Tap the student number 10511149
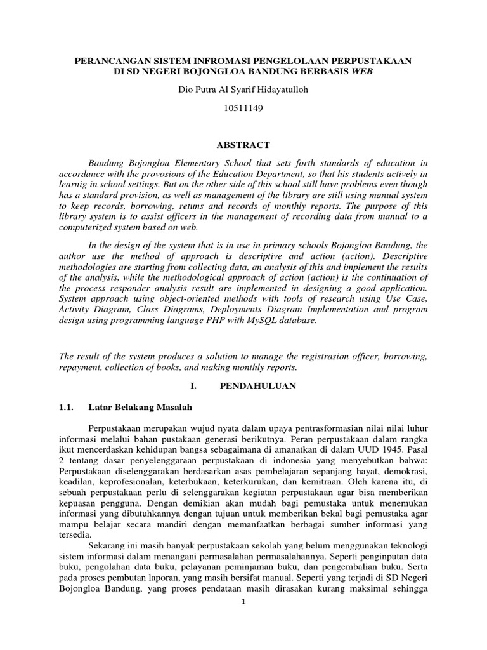click(243, 109)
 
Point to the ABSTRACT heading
click(243, 145)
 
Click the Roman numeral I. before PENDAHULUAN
click(193, 387)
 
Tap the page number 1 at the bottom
click(242, 602)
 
